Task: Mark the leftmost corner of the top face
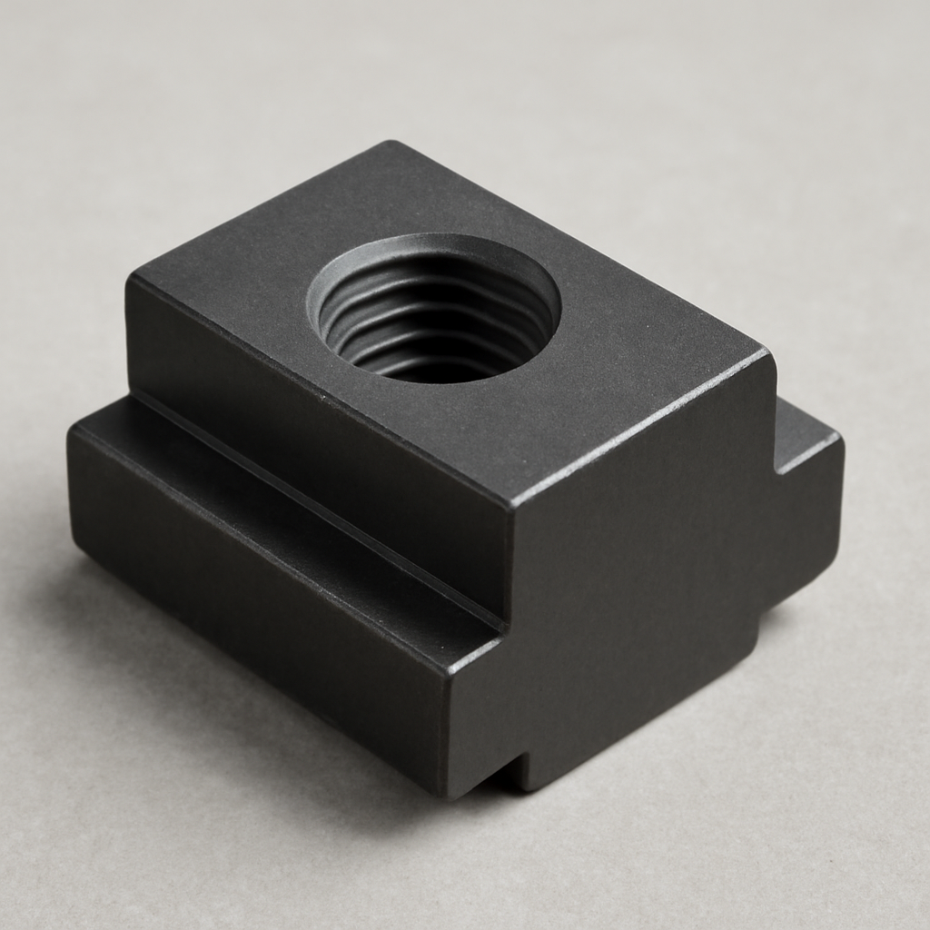point(129,277)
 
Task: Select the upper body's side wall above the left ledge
point(309,427)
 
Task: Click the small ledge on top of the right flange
point(804,427)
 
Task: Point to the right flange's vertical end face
point(808,527)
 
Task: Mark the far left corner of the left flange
point(71,436)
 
